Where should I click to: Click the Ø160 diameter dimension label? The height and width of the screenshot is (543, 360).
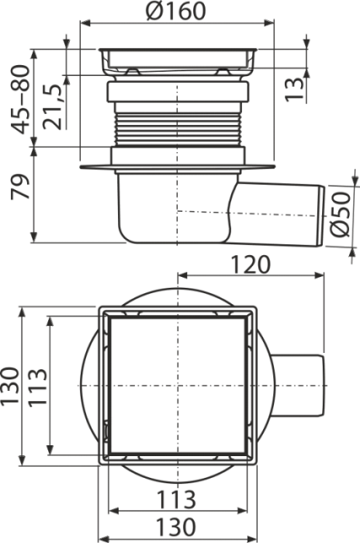(x=175, y=10)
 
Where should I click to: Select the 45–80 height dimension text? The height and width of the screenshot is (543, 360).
(x=19, y=99)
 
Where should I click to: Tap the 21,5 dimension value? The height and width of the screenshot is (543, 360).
(x=53, y=107)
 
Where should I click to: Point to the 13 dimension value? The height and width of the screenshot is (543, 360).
(x=294, y=89)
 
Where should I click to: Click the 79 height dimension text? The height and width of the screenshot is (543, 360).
(x=19, y=186)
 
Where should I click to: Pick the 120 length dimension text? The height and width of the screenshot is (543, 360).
(x=250, y=265)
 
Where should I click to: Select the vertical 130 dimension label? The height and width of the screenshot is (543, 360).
(x=9, y=386)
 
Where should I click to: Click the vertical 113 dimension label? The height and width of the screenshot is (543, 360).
(x=37, y=388)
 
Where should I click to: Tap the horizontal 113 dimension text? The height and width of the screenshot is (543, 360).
(x=176, y=500)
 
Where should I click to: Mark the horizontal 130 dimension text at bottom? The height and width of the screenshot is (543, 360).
(x=176, y=527)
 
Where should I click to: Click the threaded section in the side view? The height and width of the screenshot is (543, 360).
(x=178, y=128)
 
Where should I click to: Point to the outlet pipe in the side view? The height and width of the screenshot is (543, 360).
(x=277, y=214)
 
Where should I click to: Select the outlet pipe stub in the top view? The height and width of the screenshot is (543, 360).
(x=298, y=386)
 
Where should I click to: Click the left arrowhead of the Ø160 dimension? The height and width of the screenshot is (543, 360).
(x=85, y=23)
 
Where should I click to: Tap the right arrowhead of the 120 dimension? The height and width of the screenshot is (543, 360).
(x=320, y=275)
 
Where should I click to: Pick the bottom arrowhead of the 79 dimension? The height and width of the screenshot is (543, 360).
(x=33, y=237)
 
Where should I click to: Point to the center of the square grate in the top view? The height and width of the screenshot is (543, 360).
(x=178, y=386)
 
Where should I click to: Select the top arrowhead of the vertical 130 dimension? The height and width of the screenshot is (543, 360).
(x=22, y=312)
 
